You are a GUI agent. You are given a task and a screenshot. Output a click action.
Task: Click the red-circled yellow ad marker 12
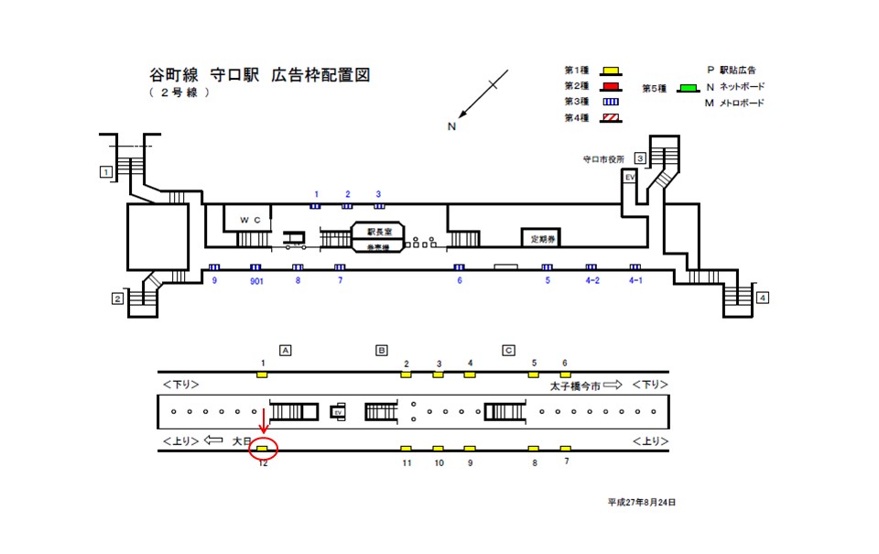[x=263, y=449]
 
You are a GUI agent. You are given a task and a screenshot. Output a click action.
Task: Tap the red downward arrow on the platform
[x=264, y=422]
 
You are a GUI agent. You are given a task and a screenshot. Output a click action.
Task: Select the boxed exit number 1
[x=107, y=171]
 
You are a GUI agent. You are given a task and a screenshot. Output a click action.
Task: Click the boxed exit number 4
[x=763, y=298]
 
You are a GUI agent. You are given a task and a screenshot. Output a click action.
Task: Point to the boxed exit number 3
[x=640, y=158]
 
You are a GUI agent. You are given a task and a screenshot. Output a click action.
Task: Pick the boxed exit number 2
[x=117, y=299]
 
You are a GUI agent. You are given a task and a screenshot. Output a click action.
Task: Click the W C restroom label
[x=250, y=221]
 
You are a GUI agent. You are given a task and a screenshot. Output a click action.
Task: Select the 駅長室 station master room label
[x=379, y=232]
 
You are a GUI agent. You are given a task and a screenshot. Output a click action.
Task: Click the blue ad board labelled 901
[x=255, y=267]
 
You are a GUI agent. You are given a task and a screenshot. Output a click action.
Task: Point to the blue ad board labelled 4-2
[x=591, y=267]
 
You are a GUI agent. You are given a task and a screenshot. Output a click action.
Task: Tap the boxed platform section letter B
[x=382, y=350]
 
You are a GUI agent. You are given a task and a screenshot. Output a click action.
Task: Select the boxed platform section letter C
[x=508, y=350]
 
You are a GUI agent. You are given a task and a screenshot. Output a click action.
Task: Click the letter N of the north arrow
[x=451, y=126]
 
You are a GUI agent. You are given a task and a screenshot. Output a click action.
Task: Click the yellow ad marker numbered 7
[x=566, y=449]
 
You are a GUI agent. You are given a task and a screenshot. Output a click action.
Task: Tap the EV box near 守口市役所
[x=630, y=178]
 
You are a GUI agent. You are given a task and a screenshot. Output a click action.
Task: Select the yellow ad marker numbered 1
[x=263, y=374]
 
